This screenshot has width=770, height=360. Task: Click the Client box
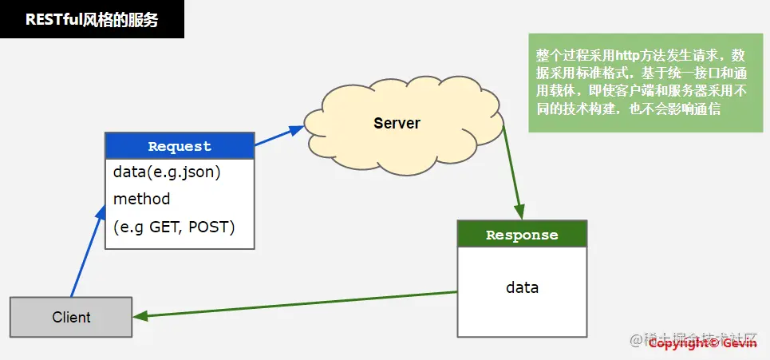click(x=71, y=317)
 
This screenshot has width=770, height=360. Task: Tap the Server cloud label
click(x=397, y=123)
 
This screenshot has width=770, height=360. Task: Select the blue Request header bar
click(x=180, y=146)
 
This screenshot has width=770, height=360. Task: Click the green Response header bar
click(x=522, y=235)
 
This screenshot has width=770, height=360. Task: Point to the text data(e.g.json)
click(x=167, y=172)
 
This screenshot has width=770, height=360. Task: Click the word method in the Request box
click(x=141, y=199)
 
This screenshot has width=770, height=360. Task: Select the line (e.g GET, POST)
click(x=174, y=227)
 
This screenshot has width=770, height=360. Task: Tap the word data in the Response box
click(x=522, y=287)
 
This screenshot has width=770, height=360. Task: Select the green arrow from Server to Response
click(x=512, y=170)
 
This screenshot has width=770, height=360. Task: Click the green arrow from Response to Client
click(x=295, y=304)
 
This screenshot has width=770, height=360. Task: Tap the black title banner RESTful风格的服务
click(x=92, y=19)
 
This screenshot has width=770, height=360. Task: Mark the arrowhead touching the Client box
click(x=140, y=317)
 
